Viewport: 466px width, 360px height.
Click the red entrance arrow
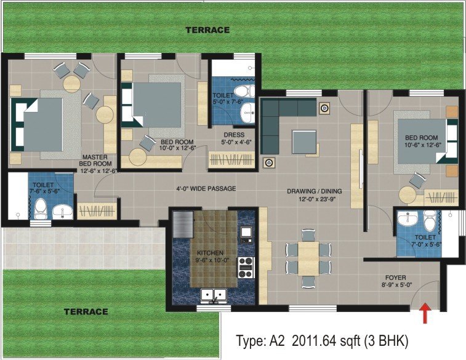[x=425, y=313]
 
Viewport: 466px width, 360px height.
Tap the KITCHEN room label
[x=210, y=253]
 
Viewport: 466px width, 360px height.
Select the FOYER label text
[x=396, y=278]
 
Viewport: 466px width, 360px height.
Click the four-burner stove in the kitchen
[x=246, y=268]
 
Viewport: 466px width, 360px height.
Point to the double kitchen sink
[x=214, y=295]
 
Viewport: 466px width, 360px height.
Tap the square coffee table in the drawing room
[x=304, y=142]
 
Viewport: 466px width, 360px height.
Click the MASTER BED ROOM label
[x=95, y=161]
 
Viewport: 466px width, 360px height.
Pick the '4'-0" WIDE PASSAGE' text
[x=206, y=188]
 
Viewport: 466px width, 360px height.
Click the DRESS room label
[x=234, y=135]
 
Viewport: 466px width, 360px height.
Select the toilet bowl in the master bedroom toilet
[x=41, y=209]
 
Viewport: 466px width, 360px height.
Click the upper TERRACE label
[x=207, y=30]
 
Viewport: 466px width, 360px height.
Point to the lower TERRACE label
[x=86, y=311]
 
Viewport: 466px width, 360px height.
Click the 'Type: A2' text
[x=260, y=341]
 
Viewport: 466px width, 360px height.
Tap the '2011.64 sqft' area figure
[x=326, y=341]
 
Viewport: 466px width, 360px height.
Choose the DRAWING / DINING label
[x=315, y=191]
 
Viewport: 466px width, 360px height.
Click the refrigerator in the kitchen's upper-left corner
[x=183, y=225]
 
